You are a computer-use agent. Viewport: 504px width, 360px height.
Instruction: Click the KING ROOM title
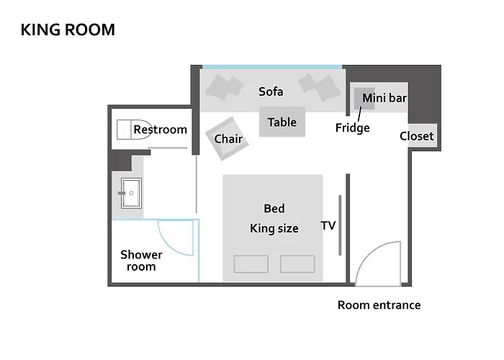[x=68, y=30]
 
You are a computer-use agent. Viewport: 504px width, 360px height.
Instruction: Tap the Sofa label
[x=271, y=91]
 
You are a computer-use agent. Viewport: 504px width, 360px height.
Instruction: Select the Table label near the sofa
[x=282, y=122]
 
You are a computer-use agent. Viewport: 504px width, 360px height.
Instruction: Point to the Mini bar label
[x=384, y=98]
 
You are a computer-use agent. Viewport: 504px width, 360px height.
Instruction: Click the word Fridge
[x=353, y=128]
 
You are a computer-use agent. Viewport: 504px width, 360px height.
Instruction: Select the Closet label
[x=417, y=136]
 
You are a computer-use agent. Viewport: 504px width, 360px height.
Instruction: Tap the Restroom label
[x=160, y=130]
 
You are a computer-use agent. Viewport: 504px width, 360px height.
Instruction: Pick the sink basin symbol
[x=132, y=192]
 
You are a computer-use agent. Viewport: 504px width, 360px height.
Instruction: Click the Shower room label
[x=141, y=260]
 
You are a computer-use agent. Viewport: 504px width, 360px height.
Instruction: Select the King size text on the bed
[x=274, y=229]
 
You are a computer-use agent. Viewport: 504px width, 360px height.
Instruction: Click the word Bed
[x=274, y=209]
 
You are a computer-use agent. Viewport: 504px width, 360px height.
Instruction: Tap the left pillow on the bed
[x=251, y=264]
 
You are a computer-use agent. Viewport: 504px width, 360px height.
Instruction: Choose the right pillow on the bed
[x=297, y=264]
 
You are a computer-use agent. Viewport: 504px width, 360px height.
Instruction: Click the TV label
[x=328, y=226]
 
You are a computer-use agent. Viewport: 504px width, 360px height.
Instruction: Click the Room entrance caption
[x=379, y=305]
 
